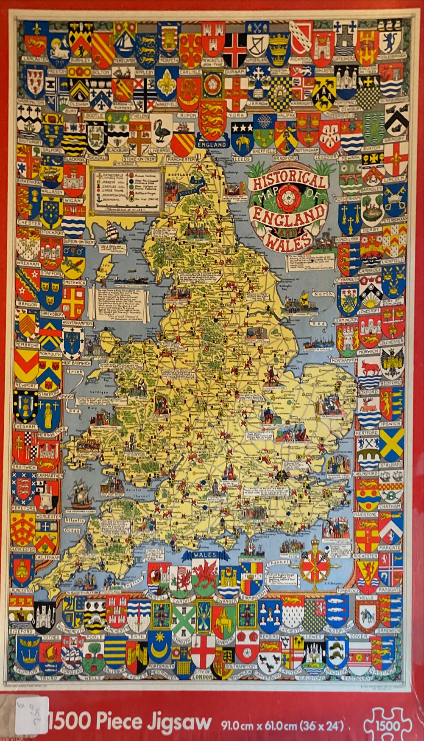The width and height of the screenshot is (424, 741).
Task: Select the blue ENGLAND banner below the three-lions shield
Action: (x=212, y=144)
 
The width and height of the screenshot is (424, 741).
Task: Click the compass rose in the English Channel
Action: (x=315, y=566)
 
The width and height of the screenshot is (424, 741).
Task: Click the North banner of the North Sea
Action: (x=323, y=294)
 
